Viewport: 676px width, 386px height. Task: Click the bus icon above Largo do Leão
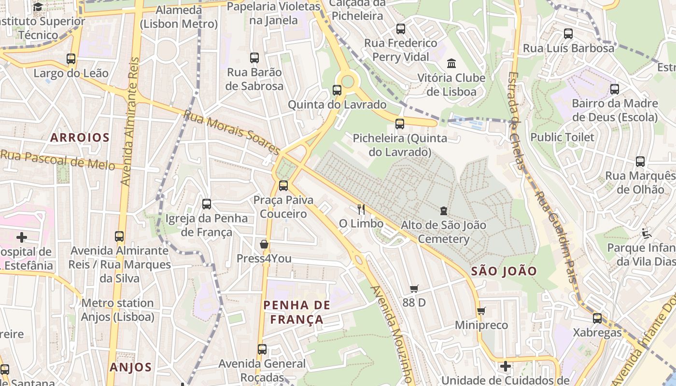click(x=71, y=59)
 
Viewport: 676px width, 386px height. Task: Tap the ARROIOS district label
click(x=80, y=138)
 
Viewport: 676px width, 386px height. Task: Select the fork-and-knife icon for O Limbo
click(x=361, y=209)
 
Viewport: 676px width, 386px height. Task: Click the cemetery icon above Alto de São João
click(x=443, y=210)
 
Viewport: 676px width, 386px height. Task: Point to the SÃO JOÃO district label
click(x=504, y=271)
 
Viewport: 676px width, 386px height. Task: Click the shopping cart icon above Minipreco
click(x=481, y=311)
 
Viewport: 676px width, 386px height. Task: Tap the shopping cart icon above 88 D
click(x=414, y=289)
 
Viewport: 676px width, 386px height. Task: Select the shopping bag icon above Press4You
click(x=264, y=244)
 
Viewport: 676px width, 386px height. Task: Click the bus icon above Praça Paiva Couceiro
click(x=283, y=185)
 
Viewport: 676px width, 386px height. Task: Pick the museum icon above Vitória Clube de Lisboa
click(x=451, y=63)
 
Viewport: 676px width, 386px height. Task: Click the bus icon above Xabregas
click(x=597, y=318)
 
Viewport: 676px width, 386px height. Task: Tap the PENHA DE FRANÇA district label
click(x=297, y=312)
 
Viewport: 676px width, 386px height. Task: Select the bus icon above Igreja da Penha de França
click(x=207, y=204)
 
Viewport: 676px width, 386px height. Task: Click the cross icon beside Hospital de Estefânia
click(x=21, y=237)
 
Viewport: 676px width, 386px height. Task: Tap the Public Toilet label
click(x=562, y=137)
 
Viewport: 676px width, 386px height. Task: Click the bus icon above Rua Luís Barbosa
click(x=568, y=34)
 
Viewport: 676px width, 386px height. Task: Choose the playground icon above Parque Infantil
click(x=646, y=234)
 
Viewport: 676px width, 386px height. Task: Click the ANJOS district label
click(x=130, y=367)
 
